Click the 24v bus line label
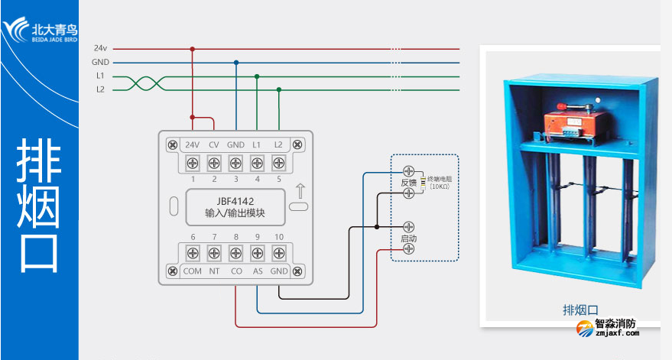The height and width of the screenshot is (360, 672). tap(100, 48)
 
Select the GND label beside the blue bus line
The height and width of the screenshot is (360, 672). tap(100, 63)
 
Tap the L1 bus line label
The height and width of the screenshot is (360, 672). tap(100, 76)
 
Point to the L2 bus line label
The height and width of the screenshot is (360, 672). tap(100, 89)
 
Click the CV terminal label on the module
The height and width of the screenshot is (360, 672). tap(214, 144)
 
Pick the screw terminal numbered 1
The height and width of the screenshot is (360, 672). tap(193, 163)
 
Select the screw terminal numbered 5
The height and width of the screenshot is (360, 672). tap(278, 163)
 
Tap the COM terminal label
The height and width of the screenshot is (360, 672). tap(193, 271)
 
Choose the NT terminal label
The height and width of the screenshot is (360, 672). tap(215, 271)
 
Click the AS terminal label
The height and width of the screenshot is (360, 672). tap(258, 271)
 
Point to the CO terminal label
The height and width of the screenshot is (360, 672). tap(236, 271)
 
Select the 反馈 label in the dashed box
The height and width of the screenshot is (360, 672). tap(408, 183)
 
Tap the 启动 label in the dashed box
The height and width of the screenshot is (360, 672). tap(408, 239)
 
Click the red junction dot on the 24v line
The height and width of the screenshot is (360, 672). tap(193, 49)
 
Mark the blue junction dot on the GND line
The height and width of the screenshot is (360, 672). tap(236, 63)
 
